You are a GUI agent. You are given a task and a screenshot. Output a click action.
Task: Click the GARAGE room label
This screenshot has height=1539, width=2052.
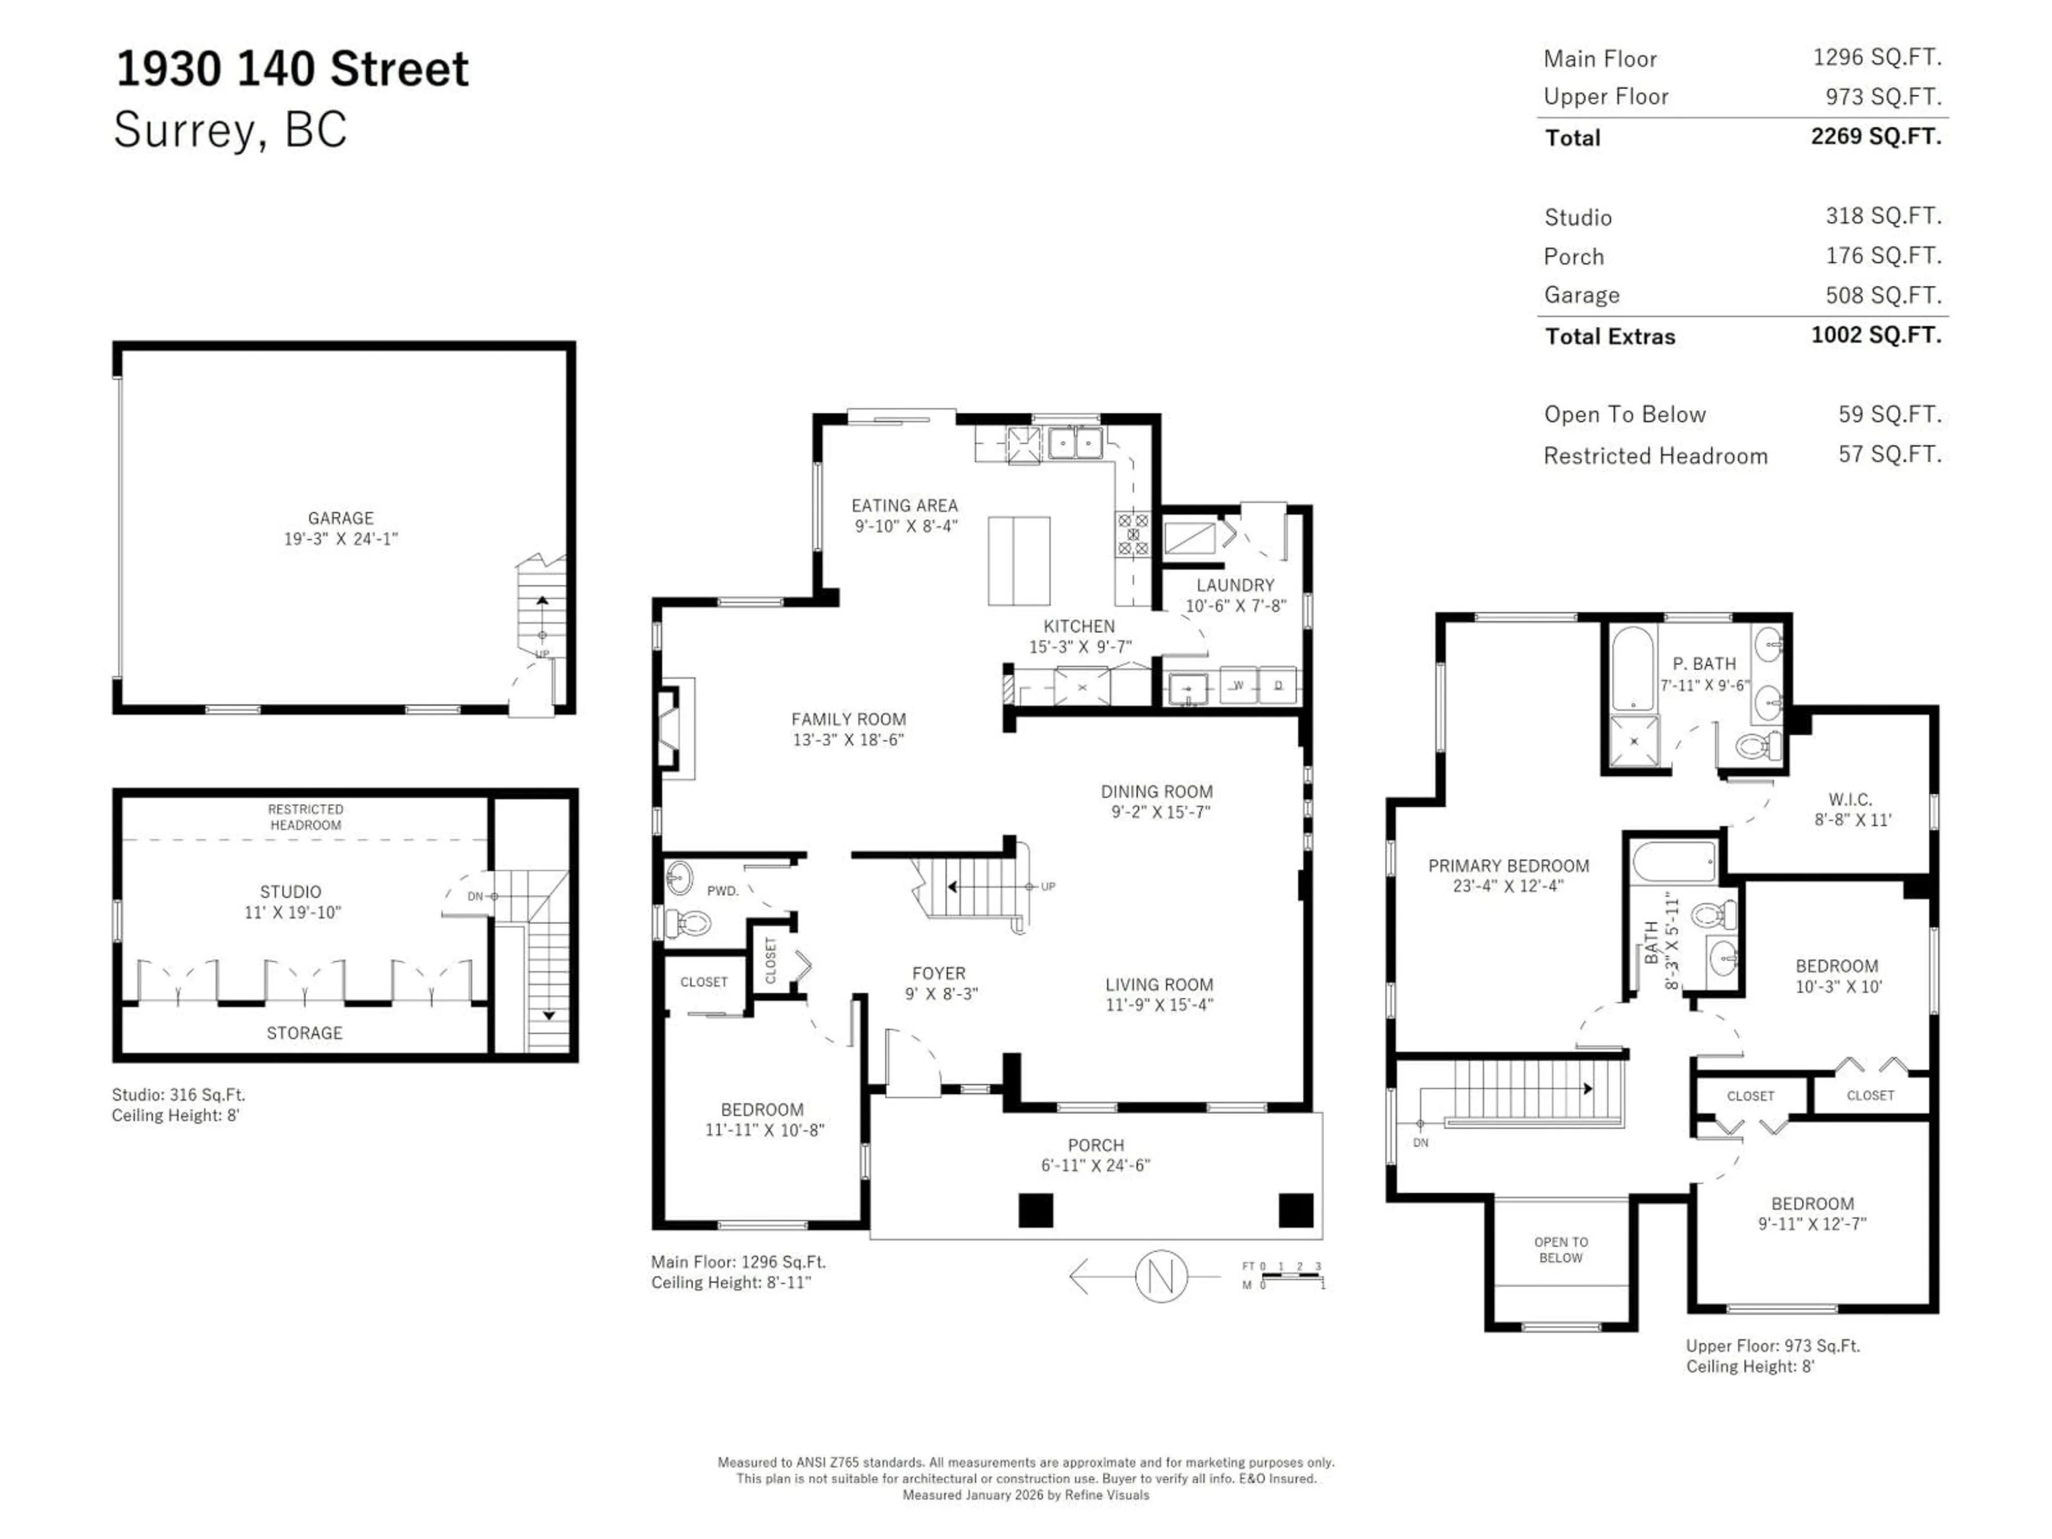point(340,518)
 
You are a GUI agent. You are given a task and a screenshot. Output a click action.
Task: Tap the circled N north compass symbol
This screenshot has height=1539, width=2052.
point(1161,1277)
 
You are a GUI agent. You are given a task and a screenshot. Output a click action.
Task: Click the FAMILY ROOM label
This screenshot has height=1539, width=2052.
point(848,719)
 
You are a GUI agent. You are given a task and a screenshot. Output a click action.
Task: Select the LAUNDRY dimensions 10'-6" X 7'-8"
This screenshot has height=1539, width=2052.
point(1235,606)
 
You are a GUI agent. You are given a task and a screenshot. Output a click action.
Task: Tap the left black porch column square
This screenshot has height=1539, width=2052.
point(1035,1210)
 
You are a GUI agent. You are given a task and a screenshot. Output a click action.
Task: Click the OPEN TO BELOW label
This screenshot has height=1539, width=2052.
point(1560,1249)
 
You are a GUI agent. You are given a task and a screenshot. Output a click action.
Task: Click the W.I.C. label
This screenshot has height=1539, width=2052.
point(1850,799)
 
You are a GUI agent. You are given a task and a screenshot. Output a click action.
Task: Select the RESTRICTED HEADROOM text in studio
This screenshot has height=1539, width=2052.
point(305,817)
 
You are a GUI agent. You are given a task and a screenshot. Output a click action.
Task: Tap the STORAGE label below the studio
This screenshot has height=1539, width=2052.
point(304,1032)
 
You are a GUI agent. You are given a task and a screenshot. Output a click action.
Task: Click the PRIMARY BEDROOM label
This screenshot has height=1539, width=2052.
point(1509,866)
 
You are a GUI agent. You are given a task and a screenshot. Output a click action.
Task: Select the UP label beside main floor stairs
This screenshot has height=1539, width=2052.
point(1047,887)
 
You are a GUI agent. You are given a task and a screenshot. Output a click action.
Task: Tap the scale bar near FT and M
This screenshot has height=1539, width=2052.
point(1291,1278)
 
